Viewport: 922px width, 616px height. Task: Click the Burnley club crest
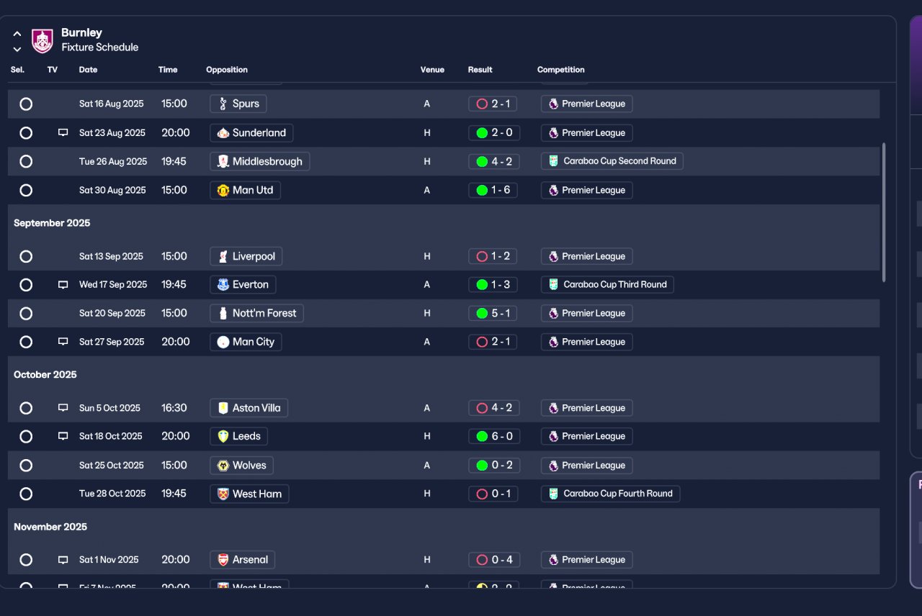(42, 40)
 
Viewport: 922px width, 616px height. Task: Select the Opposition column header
(227, 70)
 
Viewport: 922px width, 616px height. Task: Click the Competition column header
(560, 70)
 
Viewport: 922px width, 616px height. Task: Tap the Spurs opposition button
(238, 104)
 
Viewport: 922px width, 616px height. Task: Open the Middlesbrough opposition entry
(259, 161)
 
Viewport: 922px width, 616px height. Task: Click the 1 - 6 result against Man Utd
(493, 190)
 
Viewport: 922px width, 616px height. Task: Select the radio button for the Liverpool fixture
(26, 256)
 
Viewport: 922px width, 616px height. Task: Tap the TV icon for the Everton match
(63, 285)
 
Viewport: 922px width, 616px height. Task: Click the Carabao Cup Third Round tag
(607, 284)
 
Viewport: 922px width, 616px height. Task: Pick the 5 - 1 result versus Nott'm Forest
(493, 313)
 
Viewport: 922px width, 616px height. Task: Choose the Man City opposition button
(246, 342)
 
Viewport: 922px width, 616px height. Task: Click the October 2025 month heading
(45, 375)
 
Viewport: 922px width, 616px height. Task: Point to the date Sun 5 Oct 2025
(109, 408)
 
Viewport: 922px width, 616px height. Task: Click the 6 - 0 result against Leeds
(493, 436)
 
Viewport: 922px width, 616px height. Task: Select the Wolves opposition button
(242, 465)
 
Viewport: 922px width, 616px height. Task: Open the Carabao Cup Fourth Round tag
(610, 494)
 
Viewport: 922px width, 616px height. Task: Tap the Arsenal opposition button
(243, 560)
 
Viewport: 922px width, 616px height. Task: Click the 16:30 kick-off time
(174, 408)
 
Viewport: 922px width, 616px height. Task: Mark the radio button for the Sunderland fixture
(26, 132)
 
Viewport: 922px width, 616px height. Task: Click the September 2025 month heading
(52, 223)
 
